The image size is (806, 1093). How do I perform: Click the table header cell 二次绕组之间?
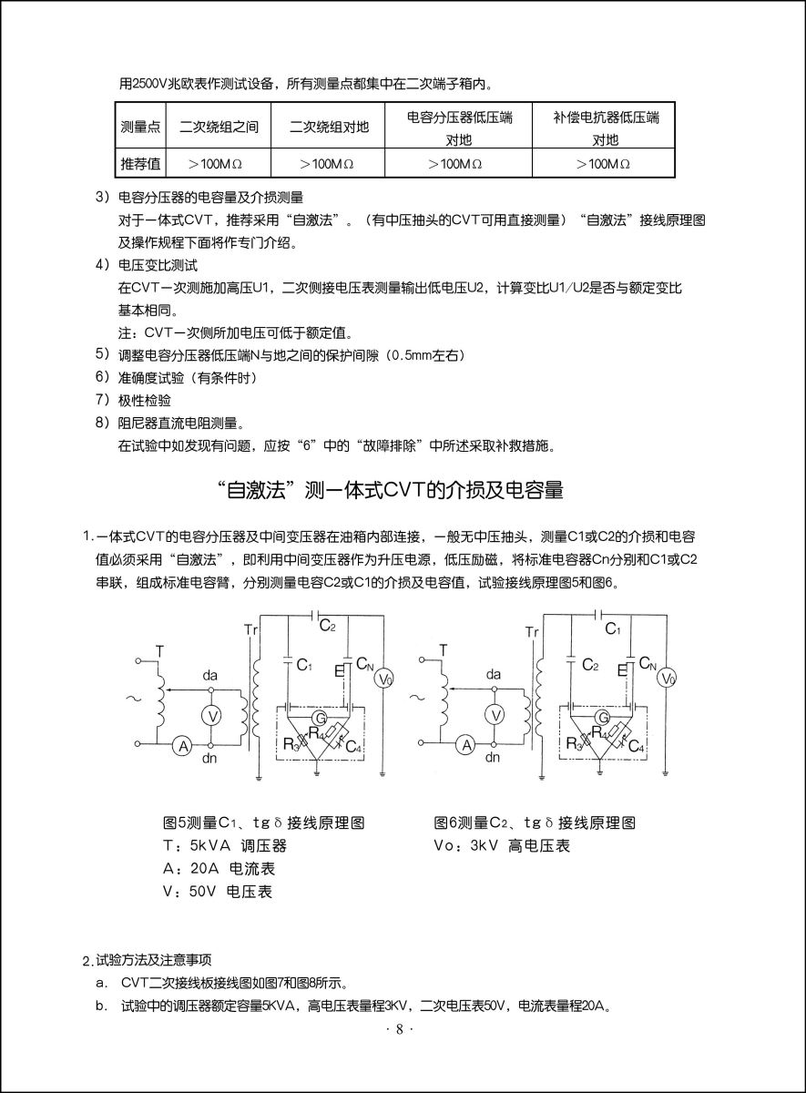(x=219, y=128)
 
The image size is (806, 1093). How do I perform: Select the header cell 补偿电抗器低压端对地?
(x=606, y=128)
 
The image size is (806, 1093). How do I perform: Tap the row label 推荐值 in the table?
(x=140, y=164)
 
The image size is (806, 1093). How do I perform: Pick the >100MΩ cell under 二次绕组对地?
(x=329, y=164)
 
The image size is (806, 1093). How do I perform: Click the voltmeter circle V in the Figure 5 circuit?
(x=211, y=716)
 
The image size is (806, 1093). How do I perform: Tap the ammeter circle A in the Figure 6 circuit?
(x=467, y=745)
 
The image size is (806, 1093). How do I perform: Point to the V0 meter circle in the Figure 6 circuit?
(x=668, y=678)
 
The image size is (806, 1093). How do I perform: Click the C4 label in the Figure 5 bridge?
(x=354, y=748)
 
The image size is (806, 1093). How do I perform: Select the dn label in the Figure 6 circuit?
(x=493, y=757)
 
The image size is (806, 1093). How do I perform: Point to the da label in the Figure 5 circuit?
(x=210, y=675)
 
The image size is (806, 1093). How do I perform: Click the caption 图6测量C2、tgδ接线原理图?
(x=535, y=822)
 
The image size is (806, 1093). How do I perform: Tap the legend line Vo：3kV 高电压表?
(x=502, y=845)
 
